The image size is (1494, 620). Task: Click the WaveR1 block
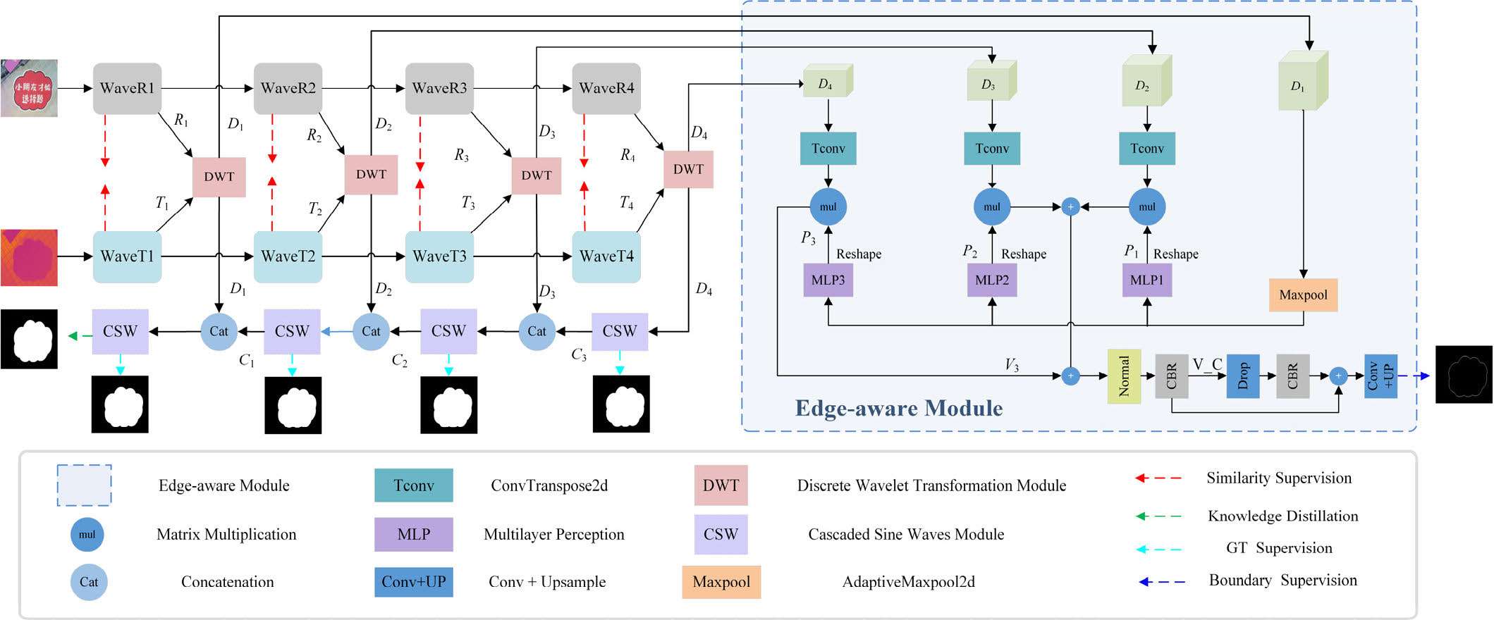[127, 89]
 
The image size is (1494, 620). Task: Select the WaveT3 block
[439, 256]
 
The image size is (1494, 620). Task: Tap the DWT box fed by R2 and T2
[371, 175]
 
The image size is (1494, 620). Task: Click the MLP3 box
[828, 280]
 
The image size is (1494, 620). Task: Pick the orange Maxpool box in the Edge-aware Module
[1303, 295]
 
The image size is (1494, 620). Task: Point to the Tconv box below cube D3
[991, 149]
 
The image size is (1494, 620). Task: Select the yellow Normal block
[1124, 376]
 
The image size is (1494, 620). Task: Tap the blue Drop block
[1242, 376]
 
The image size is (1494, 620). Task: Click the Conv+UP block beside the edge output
[1380, 376]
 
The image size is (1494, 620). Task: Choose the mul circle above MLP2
[991, 207]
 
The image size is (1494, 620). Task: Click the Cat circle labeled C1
[219, 331]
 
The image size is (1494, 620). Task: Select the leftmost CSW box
[120, 331]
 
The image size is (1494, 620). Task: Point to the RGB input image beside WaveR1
[29, 88]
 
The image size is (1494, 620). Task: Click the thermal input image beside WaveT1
[29, 257]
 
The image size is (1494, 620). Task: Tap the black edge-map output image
[1464, 374]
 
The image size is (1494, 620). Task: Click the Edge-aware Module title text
[898, 409]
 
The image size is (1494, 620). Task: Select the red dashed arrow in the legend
[1158, 478]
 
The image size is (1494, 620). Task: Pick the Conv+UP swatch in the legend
[413, 582]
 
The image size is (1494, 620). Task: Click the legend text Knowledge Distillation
[1282, 516]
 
